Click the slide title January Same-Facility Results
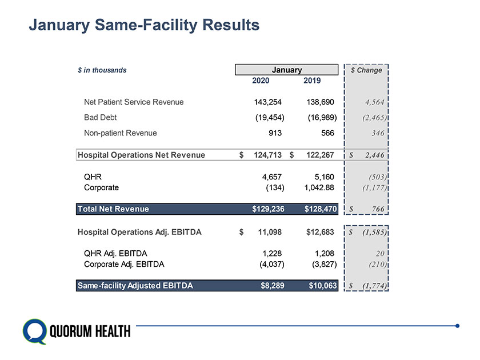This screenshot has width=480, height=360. pos(144,25)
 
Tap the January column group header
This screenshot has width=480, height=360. pos(286,70)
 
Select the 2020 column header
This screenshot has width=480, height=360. pos(261,81)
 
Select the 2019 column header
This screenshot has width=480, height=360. pos(311,81)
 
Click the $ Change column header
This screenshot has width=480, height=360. pos(366,70)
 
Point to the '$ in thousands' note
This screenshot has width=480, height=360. pos(102,70)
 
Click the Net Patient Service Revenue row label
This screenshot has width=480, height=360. pos(134,102)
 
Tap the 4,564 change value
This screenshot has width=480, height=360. pos(370,103)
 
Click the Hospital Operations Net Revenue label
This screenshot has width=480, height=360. pos(141,154)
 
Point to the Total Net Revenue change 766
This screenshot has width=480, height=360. pos(376,210)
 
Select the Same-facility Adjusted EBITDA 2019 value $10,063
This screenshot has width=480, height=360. pos(322,285)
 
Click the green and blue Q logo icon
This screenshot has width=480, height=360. pos(34,330)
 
